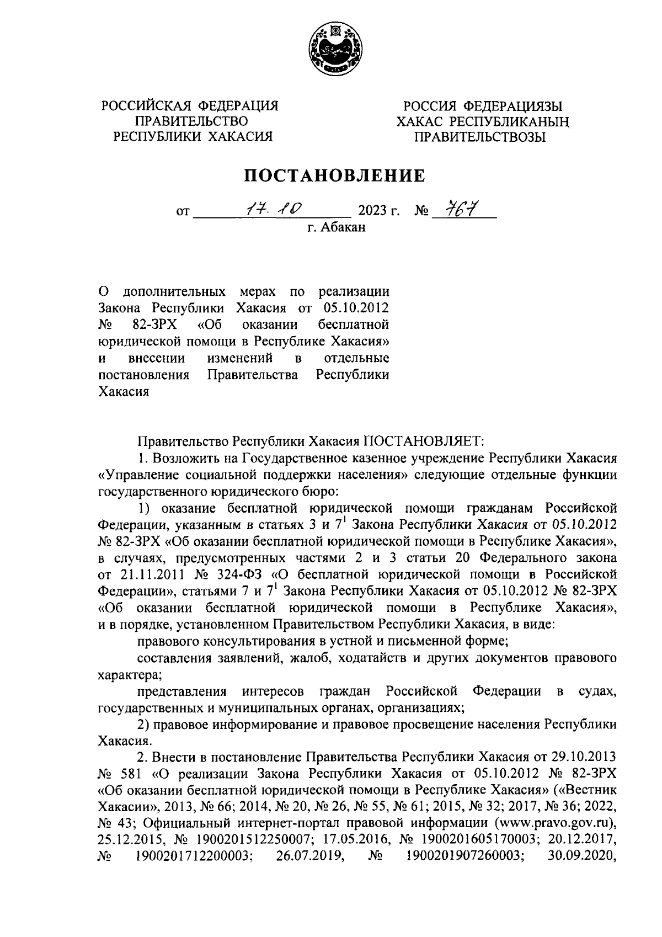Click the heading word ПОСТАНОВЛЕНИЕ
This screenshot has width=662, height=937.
[335, 177]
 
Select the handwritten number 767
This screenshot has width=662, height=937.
[458, 209]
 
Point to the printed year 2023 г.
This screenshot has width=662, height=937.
[379, 211]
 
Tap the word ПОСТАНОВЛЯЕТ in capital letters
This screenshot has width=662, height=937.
[423, 441]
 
